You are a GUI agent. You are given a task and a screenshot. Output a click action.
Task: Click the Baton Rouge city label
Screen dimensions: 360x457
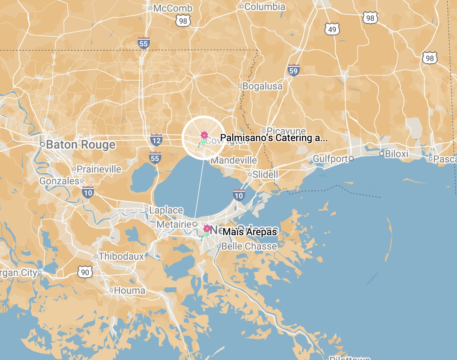[80, 145]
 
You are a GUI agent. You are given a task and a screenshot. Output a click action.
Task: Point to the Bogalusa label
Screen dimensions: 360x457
[263, 86]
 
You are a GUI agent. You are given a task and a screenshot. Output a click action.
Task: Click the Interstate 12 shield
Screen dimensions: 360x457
[156, 140]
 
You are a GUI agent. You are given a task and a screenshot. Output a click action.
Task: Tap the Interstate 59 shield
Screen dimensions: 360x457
[294, 71]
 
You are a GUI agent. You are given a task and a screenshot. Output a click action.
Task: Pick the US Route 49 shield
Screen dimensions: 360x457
[332, 29]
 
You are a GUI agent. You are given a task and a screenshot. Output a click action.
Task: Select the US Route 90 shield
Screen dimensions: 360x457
[85, 272]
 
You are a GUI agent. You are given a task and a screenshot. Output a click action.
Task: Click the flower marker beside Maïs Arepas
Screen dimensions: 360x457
[207, 229]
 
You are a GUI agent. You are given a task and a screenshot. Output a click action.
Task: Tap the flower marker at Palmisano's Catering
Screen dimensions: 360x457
[204, 135]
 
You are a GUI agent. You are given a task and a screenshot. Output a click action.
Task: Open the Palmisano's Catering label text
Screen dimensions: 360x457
[273, 138]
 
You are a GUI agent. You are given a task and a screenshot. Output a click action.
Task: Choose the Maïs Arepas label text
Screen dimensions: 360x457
[250, 231]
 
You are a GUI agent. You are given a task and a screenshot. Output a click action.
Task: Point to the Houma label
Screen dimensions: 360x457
[130, 290]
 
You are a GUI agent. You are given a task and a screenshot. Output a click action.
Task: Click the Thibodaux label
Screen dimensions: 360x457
[122, 256]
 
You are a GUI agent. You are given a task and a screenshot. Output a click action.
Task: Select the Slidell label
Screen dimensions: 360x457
[265, 174]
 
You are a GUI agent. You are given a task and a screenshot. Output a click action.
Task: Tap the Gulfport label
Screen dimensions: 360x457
[331, 159]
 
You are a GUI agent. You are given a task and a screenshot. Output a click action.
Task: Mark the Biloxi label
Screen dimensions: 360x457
[396, 154]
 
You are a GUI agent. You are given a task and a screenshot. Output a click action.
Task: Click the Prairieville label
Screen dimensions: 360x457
[99, 169]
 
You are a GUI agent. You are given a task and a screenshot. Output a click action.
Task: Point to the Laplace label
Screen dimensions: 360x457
[166, 210]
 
